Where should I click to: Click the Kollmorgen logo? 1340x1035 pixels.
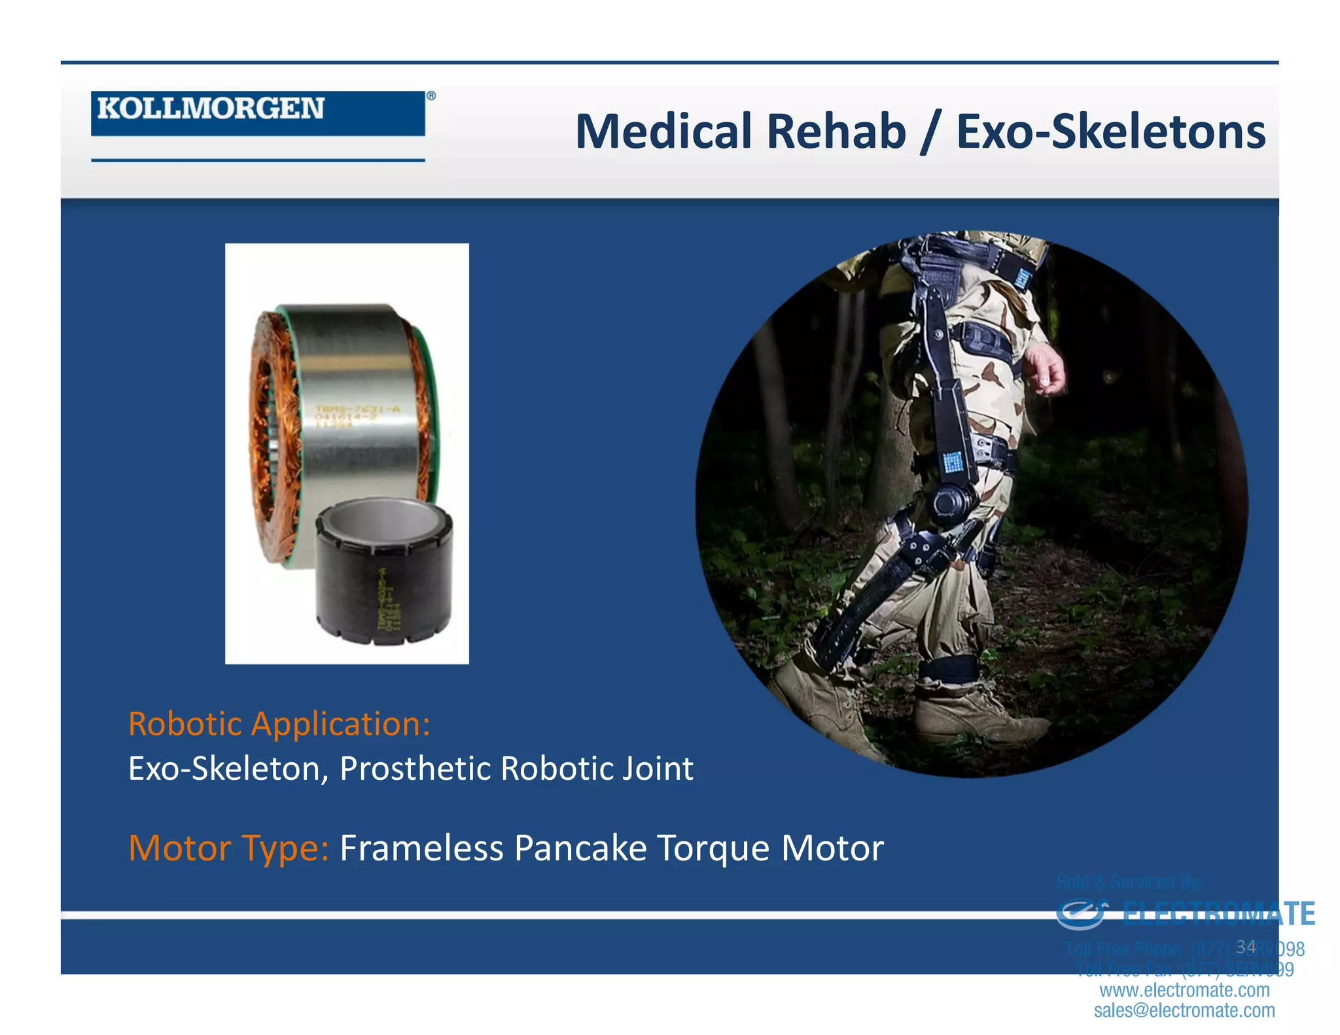pos(258,113)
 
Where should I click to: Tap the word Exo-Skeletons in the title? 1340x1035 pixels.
pos(1110,132)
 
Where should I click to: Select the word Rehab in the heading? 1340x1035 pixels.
pos(836,132)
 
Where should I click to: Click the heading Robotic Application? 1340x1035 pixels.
pos(279,724)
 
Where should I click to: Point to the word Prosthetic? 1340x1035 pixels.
pos(415,768)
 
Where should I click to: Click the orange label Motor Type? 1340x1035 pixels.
pos(228,848)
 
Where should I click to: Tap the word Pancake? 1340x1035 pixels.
pos(580,848)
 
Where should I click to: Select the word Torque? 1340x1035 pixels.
pos(713,849)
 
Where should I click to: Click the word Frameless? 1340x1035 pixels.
pos(421,848)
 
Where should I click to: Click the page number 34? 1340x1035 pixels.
pos(1246,947)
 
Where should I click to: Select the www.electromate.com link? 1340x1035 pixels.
pos(1184,990)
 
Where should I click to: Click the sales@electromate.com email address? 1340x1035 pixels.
pos(1184,1010)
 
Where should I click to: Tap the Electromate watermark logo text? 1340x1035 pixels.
pos(1218,914)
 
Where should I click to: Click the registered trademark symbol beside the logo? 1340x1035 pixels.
pos(431,96)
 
